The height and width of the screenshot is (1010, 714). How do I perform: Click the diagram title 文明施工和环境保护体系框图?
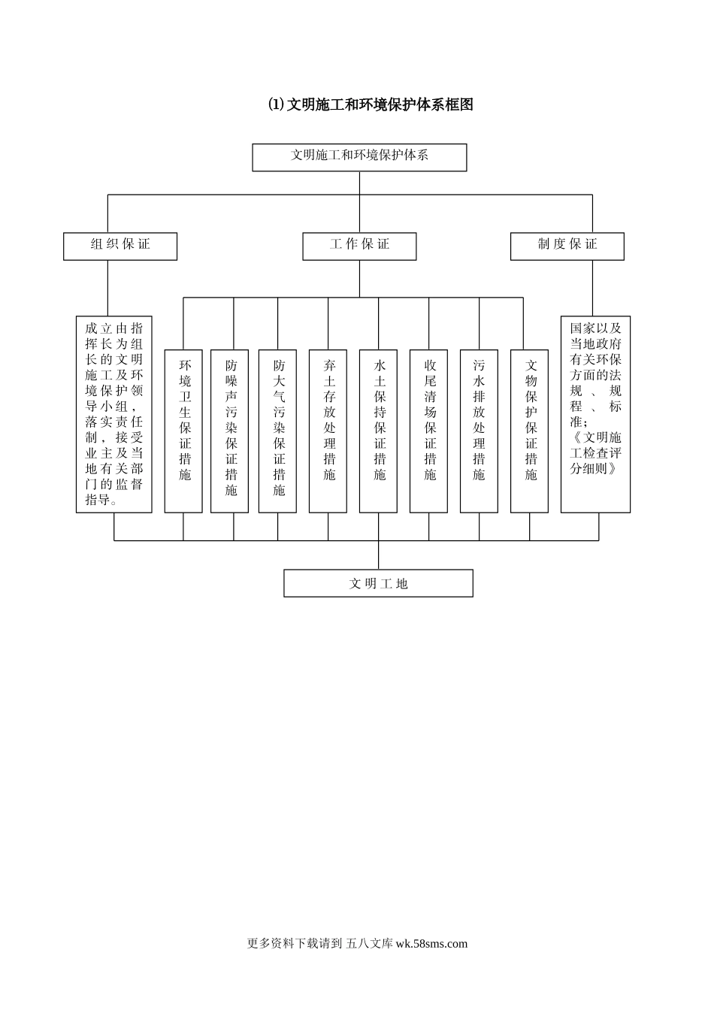(x=371, y=104)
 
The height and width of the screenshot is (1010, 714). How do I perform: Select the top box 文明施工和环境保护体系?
(x=359, y=157)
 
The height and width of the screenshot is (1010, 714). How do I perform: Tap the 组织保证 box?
(x=120, y=246)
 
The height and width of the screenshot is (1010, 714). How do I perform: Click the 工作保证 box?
(x=359, y=246)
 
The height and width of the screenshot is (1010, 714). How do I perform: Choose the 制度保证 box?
(x=567, y=246)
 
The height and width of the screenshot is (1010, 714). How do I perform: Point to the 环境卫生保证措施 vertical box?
(x=184, y=431)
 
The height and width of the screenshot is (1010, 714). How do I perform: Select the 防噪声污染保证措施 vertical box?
(x=230, y=431)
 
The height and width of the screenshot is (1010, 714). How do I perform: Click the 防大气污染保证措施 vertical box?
(x=278, y=431)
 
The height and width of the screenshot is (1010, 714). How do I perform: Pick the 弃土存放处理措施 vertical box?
(x=328, y=431)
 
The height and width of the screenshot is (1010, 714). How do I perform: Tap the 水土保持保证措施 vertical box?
(x=379, y=431)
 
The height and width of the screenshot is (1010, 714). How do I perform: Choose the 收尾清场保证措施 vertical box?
(x=429, y=431)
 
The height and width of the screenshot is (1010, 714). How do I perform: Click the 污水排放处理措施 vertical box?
(x=479, y=431)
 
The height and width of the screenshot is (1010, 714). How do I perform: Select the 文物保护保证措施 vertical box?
(x=530, y=431)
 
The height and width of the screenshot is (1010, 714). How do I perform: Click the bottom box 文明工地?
(x=378, y=583)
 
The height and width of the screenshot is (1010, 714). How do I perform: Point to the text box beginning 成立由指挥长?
(x=114, y=414)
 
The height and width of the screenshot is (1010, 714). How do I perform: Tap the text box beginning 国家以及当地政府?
(x=595, y=414)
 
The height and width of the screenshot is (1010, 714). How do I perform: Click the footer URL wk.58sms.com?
(x=431, y=944)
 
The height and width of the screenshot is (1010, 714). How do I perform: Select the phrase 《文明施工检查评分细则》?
(x=595, y=452)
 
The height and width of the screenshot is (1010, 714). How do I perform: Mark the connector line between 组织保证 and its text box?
(x=107, y=288)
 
